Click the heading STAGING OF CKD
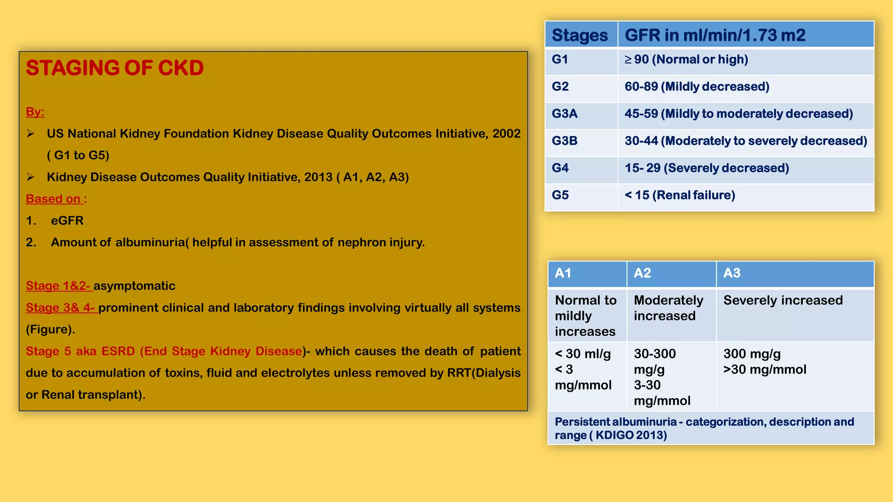(115, 68)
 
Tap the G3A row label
(565, 114)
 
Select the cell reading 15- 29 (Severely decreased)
(706, 168)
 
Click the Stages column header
(579, 35)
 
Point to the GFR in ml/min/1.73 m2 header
(715, 35)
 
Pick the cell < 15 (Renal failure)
(679, 195)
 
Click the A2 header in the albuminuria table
(642, 273)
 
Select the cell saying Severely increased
(783, 300)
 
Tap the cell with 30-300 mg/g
(655, 361)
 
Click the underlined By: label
(35, 112)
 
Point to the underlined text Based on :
(56, 199)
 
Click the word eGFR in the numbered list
(67, 220)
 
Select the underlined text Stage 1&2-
(58, 286)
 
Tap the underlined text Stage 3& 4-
(61, 308)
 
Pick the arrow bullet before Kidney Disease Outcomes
(31, 177)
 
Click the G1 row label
(560, 60)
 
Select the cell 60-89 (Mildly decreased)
(696, 87)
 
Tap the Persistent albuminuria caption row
(704, 428)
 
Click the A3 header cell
(732, 273)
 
